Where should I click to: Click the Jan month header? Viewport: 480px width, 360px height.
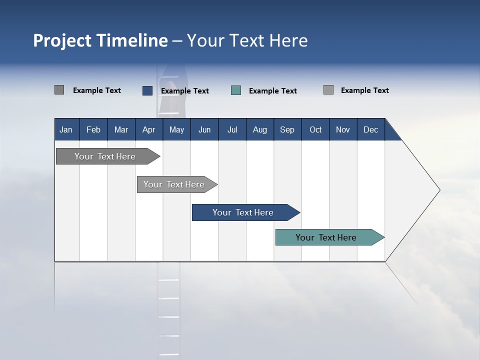click(66, 129)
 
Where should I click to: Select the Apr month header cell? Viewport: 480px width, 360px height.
click(148, 129)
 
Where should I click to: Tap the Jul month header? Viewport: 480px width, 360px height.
click(232, 129)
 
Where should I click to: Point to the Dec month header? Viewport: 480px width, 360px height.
click(370, 129)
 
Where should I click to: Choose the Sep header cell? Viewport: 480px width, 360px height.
click(287, 129)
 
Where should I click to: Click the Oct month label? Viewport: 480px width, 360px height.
click(315, 129)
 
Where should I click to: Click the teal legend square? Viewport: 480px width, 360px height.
click(236, 90)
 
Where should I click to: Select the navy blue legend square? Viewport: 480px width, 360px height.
click(147, 90)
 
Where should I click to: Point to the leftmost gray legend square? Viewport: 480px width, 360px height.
click(59, 90)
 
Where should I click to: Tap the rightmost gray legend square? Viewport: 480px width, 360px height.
click(328, 90)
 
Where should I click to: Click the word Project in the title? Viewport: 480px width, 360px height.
click(61, 40)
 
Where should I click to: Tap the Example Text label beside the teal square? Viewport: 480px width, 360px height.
click(273, 91)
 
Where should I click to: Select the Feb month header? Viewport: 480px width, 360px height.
click(93, 129)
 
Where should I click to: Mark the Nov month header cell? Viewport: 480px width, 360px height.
click(343, 129)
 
